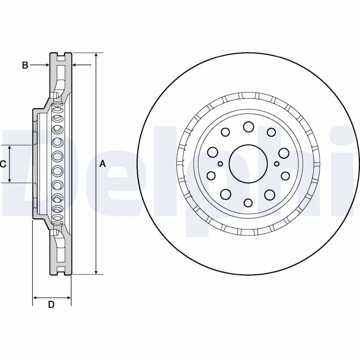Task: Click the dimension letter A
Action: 103,164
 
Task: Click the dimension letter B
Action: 25,65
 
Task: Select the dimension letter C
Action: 3,164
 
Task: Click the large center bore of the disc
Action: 248,164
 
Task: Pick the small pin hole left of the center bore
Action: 220,164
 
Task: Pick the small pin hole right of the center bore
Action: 277,164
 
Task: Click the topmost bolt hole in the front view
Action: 249,127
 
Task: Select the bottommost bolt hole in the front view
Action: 248,203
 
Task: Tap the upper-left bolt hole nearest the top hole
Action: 225,132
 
